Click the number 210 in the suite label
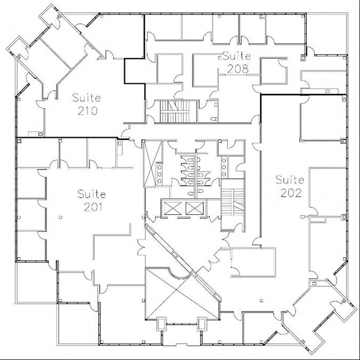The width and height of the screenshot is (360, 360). tap(87, 111)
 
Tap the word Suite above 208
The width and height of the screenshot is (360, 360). tap(237, 56)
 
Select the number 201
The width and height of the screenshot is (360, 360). tap(93, 207)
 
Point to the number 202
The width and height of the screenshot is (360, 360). tap(291, 193)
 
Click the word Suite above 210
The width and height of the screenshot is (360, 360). tap(86, 98)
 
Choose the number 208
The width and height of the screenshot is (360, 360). tap(238, 69)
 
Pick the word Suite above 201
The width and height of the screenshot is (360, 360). tap(92, 194)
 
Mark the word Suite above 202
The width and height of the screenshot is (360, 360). tap(290, 180)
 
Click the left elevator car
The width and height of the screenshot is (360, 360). tap(172, 208)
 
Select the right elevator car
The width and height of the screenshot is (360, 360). tap(195, 208)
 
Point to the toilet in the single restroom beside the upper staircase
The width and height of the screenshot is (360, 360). tap(214, 119)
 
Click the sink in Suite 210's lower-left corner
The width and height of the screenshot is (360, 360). tap(41, 134)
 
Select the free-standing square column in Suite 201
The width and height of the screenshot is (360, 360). tap(60, 217)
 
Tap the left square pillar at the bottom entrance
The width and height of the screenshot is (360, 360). tap(162, 324)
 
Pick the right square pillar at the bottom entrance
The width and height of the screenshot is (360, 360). tap(202, 324)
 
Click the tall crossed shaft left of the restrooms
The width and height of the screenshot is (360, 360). tap(153, 164)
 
